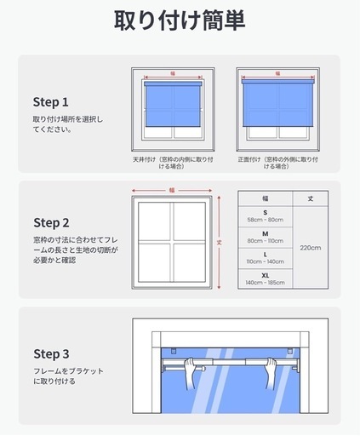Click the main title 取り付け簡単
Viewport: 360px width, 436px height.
180,20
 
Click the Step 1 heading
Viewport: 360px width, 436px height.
51,102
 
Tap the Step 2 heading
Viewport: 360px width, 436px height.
51,223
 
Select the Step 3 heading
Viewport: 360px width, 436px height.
51,354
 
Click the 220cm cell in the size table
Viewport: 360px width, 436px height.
311,248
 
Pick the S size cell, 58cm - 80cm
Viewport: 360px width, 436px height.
266,216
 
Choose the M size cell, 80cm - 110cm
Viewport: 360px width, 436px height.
266,238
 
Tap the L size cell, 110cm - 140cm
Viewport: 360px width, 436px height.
266,258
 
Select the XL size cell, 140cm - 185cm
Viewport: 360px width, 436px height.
266,279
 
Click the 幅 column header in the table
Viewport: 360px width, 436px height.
266,198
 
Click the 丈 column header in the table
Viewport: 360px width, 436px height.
311,198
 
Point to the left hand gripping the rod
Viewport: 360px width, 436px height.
191,372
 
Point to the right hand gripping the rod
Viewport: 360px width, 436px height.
271,372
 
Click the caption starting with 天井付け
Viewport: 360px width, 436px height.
173,163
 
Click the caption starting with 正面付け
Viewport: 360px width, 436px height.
277,163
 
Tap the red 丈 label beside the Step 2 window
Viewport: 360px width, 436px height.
219,243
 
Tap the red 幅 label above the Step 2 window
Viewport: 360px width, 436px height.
172,190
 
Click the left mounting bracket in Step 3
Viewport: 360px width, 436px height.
174,351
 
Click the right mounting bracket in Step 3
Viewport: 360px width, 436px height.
289,351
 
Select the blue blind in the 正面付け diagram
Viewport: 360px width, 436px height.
277,103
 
